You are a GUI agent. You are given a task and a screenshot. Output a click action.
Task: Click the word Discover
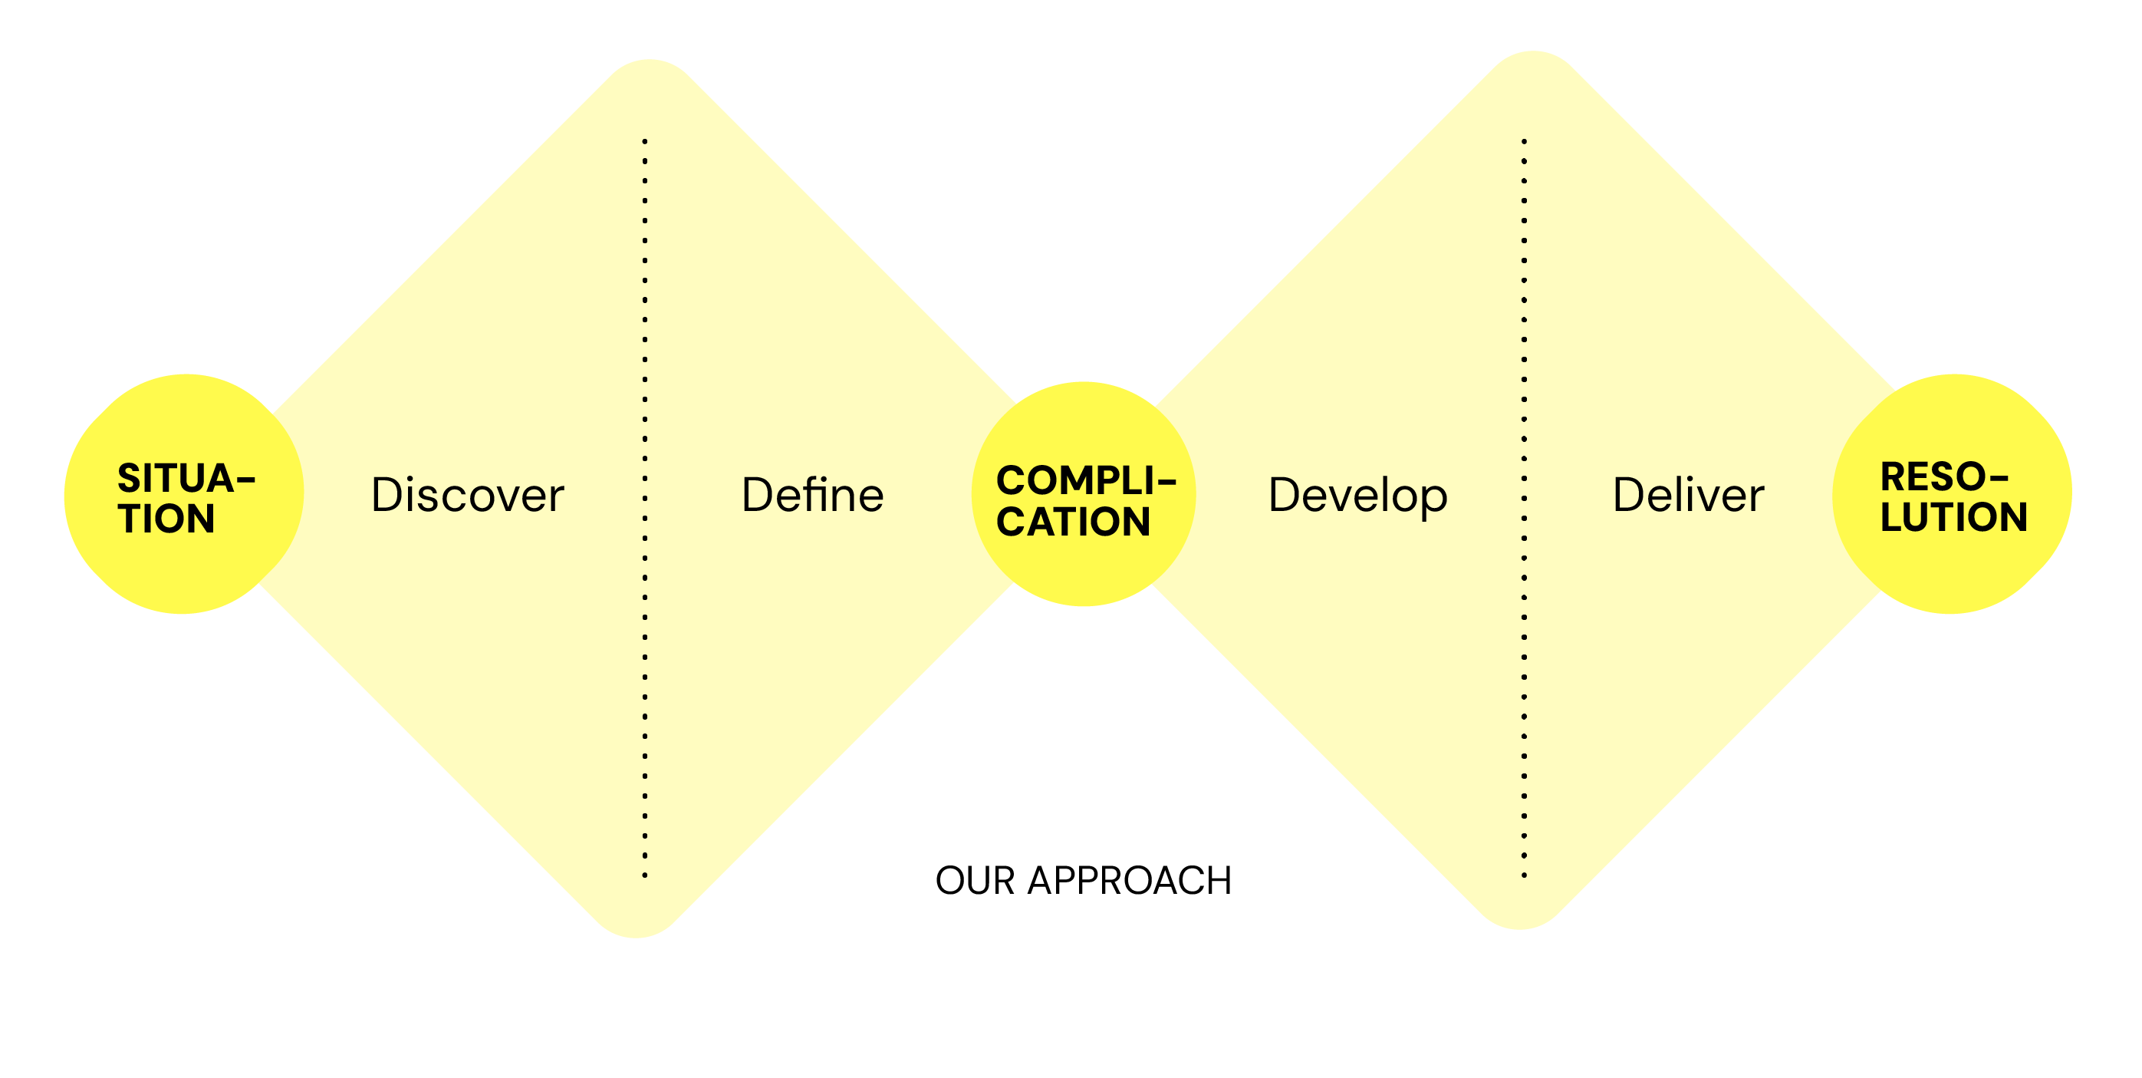(467, 496)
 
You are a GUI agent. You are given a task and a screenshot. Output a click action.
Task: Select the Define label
(812, 496)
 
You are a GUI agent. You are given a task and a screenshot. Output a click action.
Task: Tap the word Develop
(1358, 496)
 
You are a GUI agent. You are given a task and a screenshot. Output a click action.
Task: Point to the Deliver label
(1688, 496)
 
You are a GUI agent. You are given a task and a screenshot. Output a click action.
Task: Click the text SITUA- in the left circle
(185, 478)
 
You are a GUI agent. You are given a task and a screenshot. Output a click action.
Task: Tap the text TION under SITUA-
(166, 519)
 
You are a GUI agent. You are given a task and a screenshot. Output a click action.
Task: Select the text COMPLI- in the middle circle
(1084, 481)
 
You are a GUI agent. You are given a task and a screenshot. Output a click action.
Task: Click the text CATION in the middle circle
(1074, 523)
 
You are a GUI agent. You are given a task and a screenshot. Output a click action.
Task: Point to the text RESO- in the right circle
(1944, 477)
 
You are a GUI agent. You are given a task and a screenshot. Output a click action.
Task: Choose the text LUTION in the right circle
(1954, 517)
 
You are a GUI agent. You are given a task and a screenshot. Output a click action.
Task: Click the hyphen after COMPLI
(1167, 481)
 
